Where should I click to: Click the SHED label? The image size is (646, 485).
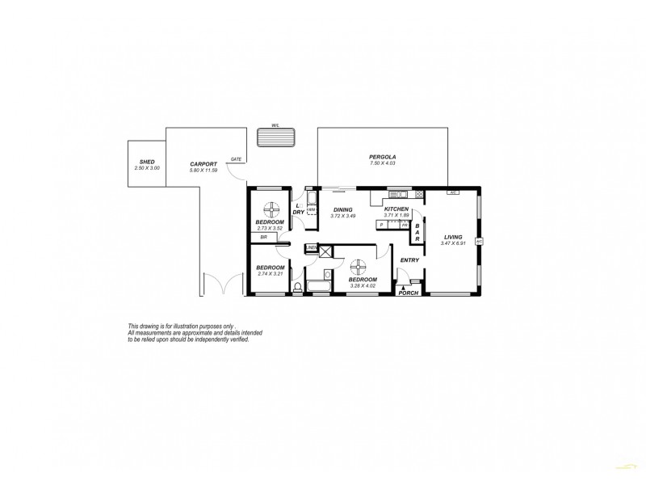pyautogui.click(x=147, y=162)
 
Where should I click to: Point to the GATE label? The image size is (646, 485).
pyautogui.click(x=236, y=159)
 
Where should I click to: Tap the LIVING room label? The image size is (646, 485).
pyautogui.click(x=452, y=237)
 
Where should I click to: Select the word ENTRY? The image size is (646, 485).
pyautogui.click(x=409, y=259)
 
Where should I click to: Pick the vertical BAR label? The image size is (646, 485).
pyautogui.click(x=417, y=233)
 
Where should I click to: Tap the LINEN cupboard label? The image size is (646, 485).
pyautogui.click(x=311, y=248)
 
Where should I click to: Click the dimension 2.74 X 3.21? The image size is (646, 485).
pyautogui.click(x=271, y=274)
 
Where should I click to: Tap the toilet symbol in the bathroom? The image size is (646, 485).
pyautogui.click(x=298, y=286)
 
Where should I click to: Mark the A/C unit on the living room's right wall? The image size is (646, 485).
pyautogui.click(x=479, y=241)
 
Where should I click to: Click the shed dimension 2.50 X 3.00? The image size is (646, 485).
pyautogui.click(x=147, y=168)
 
